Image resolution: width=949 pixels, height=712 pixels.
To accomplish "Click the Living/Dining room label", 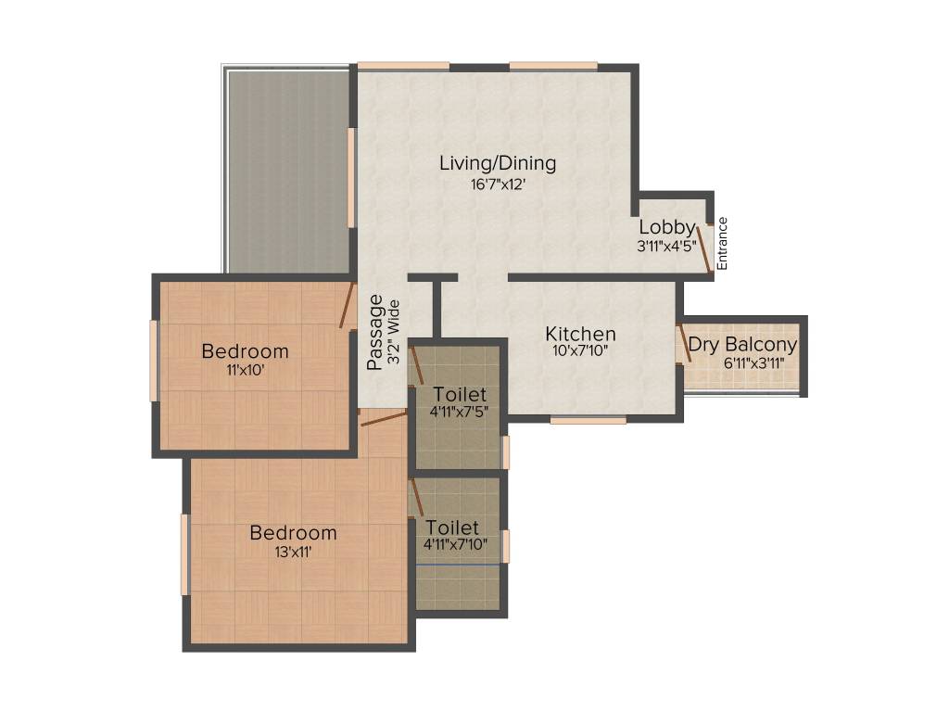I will pyautogui.click(x=498, y=163).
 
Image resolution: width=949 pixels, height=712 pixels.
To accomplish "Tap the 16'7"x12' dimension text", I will pyautogui.click(x=498, y=184).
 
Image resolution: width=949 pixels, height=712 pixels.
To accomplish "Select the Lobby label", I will pyautogui.click(x=666, y=227).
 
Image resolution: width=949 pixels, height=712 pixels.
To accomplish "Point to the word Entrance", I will pyautogui.click(x=723, y=243).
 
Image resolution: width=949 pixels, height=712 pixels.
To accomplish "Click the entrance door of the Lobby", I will pyautogui.click(x=705, y=247).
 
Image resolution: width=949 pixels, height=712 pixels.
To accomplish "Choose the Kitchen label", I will pyautogui.click(x=580, y=334).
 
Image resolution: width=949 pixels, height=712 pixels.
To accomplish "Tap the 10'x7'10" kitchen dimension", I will pyautogui.click(x=580, y=351).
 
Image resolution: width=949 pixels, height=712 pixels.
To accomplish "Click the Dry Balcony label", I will pyautogui.click(x=742, y=345).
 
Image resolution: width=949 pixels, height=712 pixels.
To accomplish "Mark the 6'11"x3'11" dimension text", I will pyautogui.click(x=742, y=362).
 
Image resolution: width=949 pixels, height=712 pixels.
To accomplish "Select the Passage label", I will pyautogui.click(x=375, y=332).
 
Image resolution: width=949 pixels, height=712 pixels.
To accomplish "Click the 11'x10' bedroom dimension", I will pyautogui.click(x=245, y=369).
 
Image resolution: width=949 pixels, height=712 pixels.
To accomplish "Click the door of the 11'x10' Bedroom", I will pyautogui.click(x=348, y=305).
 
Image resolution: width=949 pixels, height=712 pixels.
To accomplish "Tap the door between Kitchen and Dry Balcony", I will pyautogui.click(x=682, y=342).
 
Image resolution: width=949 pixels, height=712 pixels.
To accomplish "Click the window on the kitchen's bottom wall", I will pyautogui.click(x=588, y=420).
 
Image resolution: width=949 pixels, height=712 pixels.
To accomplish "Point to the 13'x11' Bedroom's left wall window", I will pyautogui.click(x=185, y=554).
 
